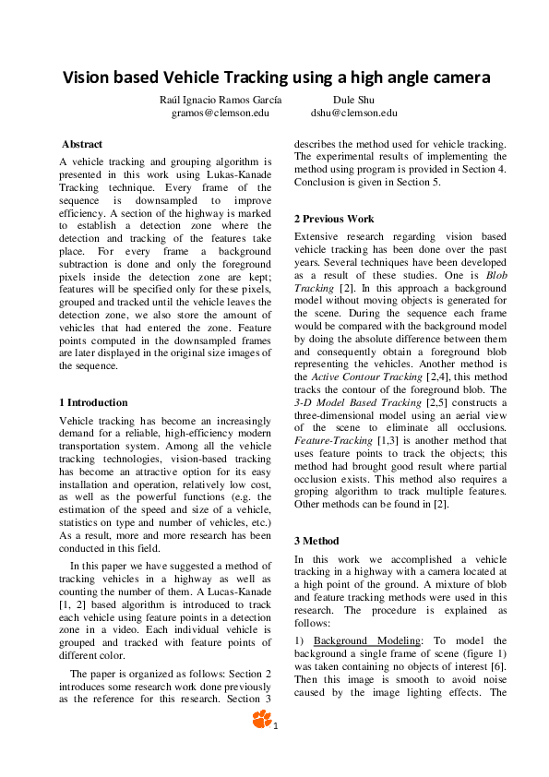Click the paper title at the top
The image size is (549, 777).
pyautogui.click(x=275, y=78)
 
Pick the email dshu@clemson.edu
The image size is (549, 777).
pyautogui.click(x=353, y=113)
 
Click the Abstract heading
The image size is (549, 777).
pyautogui.click(x=82, y=144)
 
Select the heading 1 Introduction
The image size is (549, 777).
pyautogui.click(x=93, y=402)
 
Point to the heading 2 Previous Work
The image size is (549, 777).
pyautogui.click(x=334, y=219)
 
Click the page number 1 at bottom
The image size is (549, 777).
pyautogui.click(x=275, y=725)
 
